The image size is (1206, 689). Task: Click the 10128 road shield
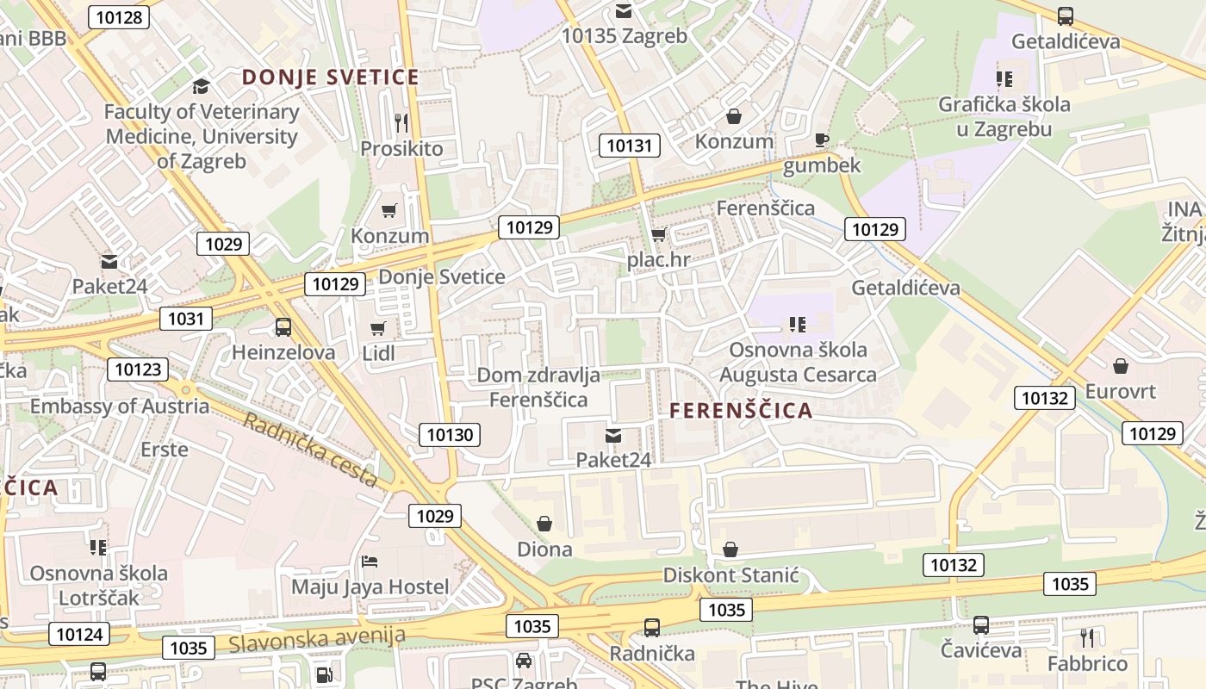[120, 17]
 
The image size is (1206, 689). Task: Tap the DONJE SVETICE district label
[330, 78]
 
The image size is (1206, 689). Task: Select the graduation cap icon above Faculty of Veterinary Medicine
[201, 86]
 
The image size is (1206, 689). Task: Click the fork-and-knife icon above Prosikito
[401, 122]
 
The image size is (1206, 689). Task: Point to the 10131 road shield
[630, 146]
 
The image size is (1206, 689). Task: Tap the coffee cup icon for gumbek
[822, 140]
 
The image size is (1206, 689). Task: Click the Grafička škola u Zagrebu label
[1004, 116]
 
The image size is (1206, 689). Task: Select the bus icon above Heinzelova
[283, 327]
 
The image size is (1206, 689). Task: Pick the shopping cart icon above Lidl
[377, 328]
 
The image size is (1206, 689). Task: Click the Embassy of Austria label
[120, 406]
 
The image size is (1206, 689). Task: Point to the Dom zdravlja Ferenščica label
[538, 387]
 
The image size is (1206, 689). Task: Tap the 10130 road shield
[450, 435]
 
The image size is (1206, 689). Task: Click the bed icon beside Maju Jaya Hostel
[370, 562]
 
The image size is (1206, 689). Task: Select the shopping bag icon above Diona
[544, 524]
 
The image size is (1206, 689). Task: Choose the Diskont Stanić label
[730, 575]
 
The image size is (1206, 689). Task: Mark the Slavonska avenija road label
[317, 638]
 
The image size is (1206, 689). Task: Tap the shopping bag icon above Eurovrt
[1120, 366]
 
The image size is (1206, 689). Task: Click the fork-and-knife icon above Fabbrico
[1087, 637]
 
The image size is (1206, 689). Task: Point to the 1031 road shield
[186, 320]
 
